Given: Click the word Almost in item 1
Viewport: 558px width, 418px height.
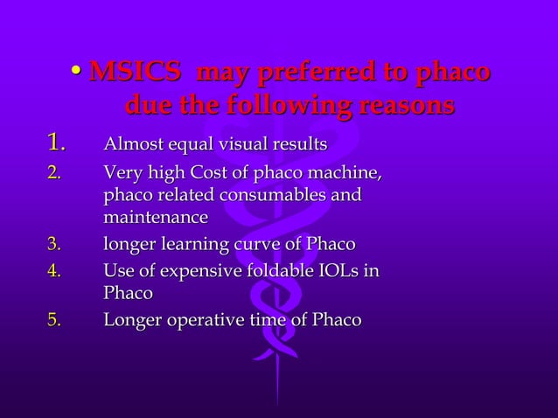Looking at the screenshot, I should click(x=132, y=143).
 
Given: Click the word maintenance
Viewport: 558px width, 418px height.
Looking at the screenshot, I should click(x=156, y=216).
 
